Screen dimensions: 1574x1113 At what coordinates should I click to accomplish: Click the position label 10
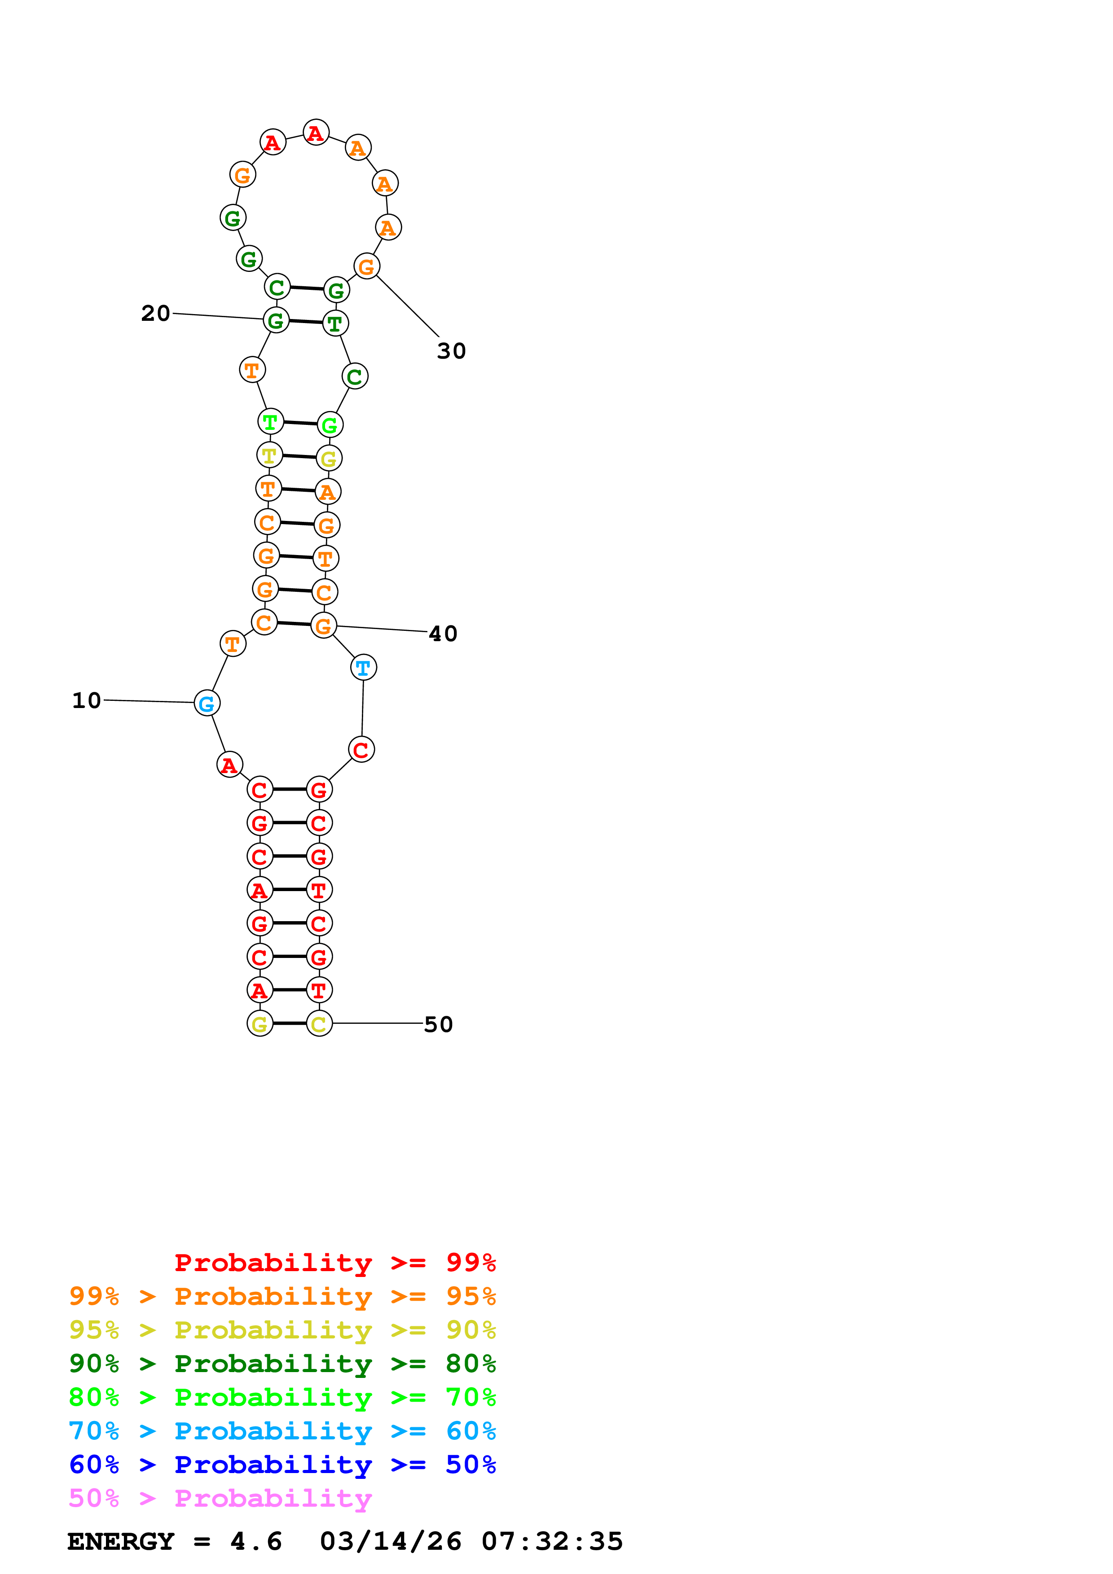[86, 700]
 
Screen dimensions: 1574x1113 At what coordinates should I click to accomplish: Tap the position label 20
[156, 313]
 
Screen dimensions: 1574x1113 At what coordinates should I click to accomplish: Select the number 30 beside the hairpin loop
[451, 351]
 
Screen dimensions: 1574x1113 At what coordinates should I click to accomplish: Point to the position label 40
[443, 634]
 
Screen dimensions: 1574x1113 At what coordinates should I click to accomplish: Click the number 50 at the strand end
[438, 1024]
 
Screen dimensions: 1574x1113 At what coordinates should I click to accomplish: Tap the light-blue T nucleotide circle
[364, 667]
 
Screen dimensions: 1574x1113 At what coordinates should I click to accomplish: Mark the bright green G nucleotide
[330, 425]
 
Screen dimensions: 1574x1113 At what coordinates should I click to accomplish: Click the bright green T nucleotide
[271, 422]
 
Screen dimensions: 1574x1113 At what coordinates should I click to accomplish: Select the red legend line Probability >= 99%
[334, 1262]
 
